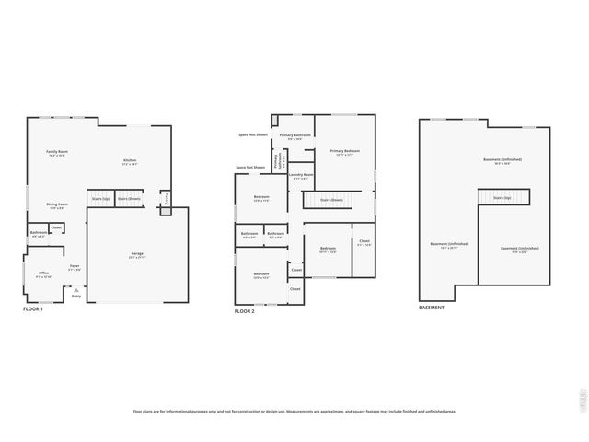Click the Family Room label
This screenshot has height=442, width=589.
tap(58, 153)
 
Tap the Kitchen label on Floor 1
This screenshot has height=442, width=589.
tap(130, 162)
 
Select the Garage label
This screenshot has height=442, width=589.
tap(136, 253)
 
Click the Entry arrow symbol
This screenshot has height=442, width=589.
tap(75, 288)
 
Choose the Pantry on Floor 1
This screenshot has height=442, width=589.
tap(166, 198)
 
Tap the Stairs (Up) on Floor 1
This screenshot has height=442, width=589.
tap(99, 198)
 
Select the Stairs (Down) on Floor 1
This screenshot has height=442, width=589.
tap(129, 198)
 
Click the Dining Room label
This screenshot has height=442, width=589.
tap(58, 206)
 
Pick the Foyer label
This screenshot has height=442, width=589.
tap(75, 268)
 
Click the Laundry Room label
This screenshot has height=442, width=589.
tap(301, 176)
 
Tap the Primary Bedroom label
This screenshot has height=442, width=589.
tap(344, 152)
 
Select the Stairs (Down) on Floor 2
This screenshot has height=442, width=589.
tap(331, 199)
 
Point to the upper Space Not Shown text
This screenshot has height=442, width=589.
tap(252, 134)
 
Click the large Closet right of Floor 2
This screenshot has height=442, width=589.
tap(364, 244)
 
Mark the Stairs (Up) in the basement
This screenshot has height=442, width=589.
tap(502, 197)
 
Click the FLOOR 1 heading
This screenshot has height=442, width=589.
tap(33, 308)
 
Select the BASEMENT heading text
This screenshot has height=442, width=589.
tap(432, 308)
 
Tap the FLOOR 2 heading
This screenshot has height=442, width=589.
tap(244, 312)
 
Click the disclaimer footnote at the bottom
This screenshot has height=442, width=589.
tap(294, 412)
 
